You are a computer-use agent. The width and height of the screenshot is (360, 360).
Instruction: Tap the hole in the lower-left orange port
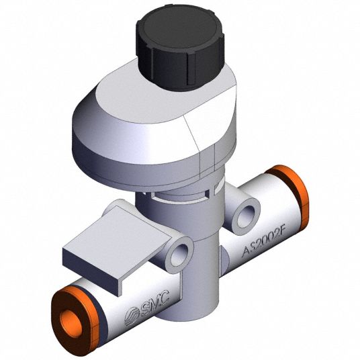click(x=71, y=322)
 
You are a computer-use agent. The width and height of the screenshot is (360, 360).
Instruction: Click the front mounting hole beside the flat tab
click(x=180, y=255)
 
